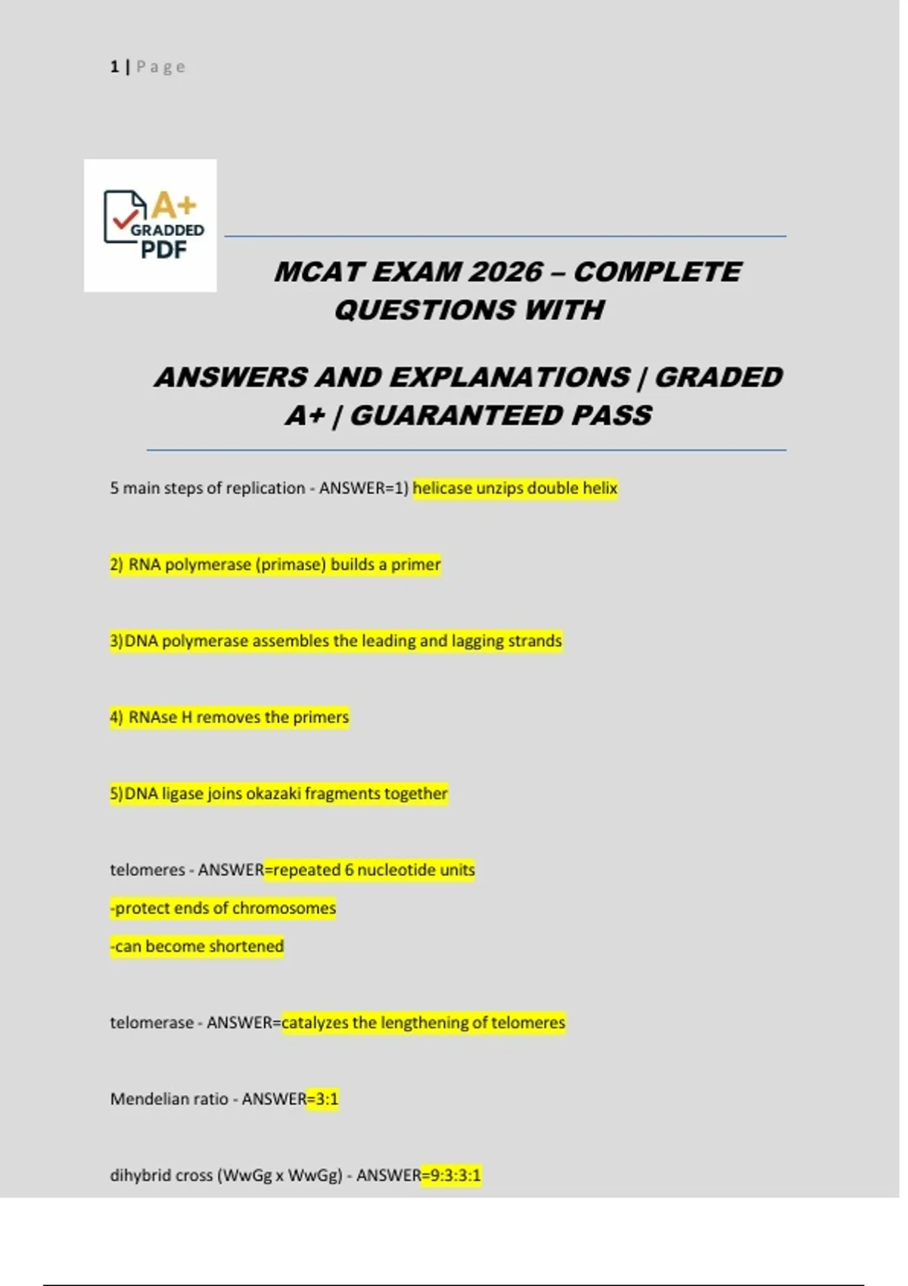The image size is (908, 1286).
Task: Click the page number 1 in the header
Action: click(x=114, y=67)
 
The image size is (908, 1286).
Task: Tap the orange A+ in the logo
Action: click(x=174, y=205)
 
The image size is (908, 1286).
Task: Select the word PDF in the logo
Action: click(x=163, y=250)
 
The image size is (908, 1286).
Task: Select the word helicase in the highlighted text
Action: click(x=442, y=488)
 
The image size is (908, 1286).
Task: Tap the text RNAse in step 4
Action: click(x=152, y=717)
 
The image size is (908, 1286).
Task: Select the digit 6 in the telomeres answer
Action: click(x=349, y=870)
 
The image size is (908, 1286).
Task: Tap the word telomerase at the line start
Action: click(x=151, y=1023)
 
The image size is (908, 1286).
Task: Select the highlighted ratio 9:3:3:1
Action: click(x=455, y=1175)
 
